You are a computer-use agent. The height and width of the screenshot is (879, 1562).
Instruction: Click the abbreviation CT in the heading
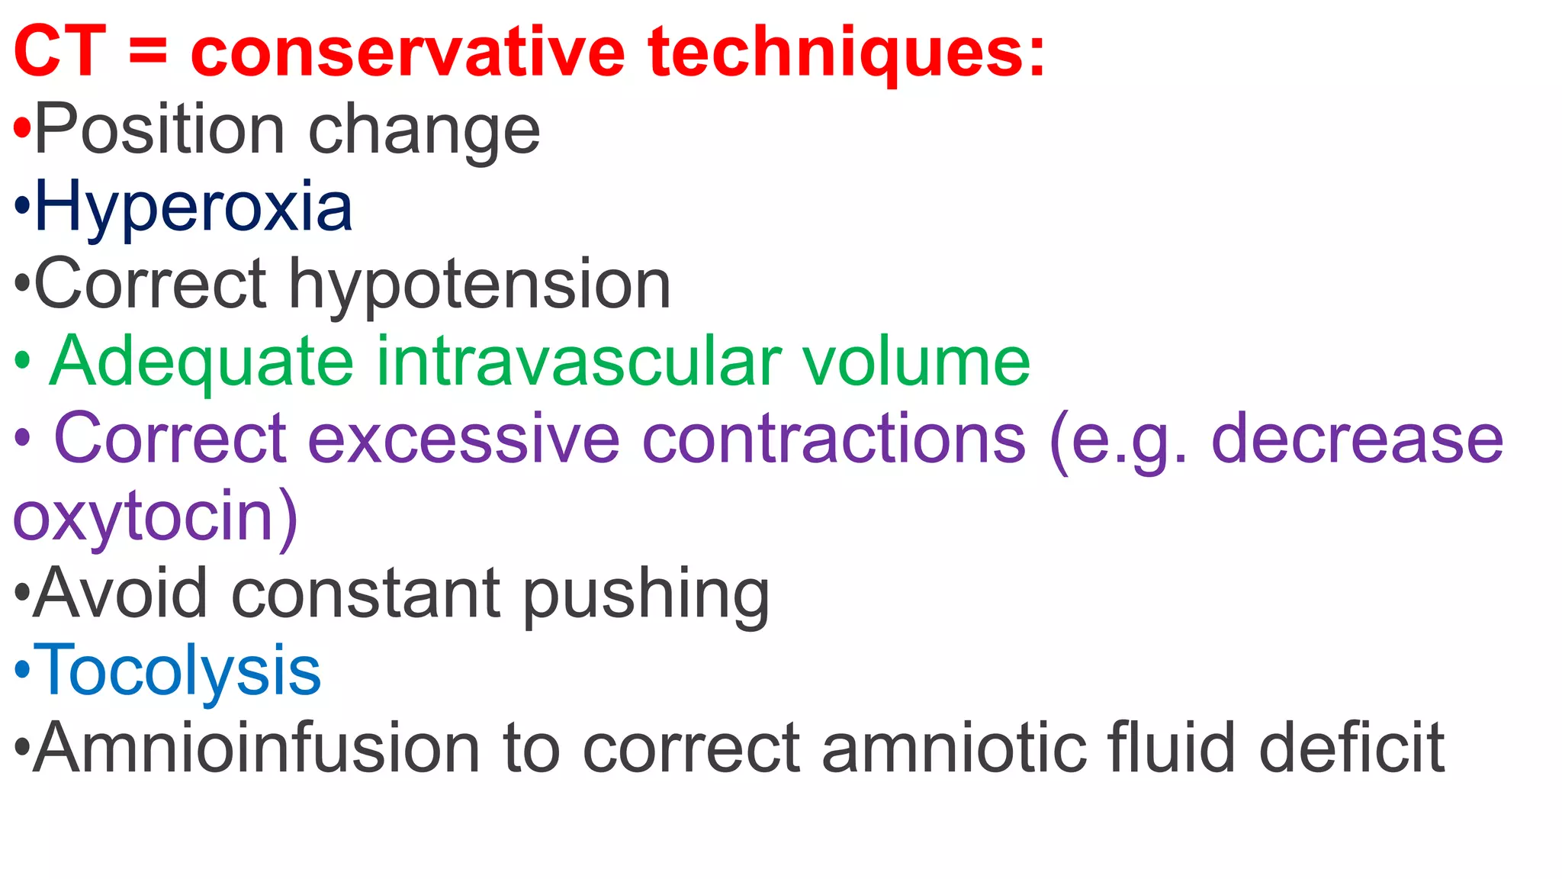(59, 52)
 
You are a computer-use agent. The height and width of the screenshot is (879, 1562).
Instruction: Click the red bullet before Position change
(22, 130)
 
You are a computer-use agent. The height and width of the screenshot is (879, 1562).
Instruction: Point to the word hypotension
(480, 285)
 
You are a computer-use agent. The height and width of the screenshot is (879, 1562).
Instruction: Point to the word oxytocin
(145, 517)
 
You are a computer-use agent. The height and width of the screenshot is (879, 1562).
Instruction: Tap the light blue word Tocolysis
(178, 671)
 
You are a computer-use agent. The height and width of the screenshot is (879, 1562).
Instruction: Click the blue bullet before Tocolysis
(22, 671)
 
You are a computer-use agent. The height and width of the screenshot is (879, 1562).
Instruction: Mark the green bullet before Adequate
(22, 361)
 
